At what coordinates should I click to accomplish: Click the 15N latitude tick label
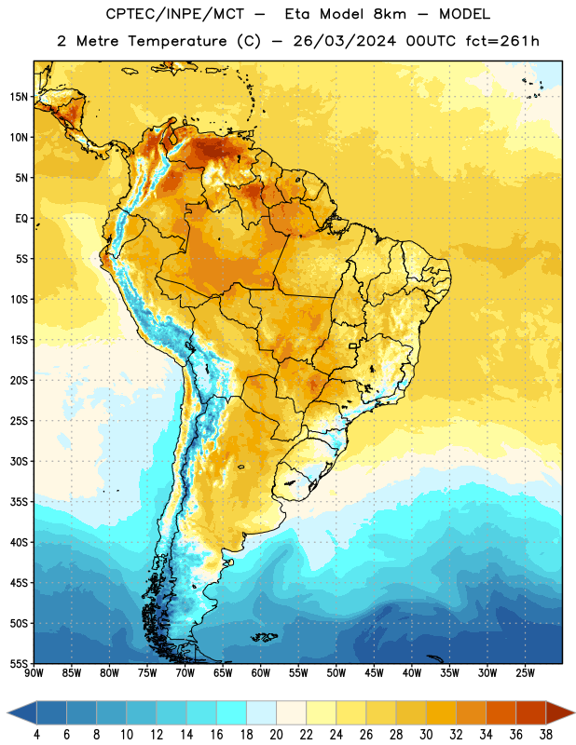pyautogui.click(x=19, y=97)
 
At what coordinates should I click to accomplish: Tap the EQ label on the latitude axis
pyautogui.click(x=21, y=219)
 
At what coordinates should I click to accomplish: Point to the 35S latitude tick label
pyautogui.click(x=19, y=502)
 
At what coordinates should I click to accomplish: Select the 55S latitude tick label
pyautogui.click(x=19, y=663)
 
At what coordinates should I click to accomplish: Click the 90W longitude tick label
pyautogui.click(x=34, y=672)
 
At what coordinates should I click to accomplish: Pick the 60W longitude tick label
pyautogui.click(x=261, y=672)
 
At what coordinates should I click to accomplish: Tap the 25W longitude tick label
pyautogui.click(x=525, y=672)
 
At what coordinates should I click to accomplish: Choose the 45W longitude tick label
pyautogui.click(x=374, y=672)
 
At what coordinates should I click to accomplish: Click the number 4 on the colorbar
pyautogui.click(x=36, y=735)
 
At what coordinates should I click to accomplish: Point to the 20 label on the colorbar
pyautogui.click(x=276, y=735)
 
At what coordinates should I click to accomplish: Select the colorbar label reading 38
pyautogui.click(x=546, y=735)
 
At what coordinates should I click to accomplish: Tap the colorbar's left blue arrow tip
pyautogui.click(x=7, y=712)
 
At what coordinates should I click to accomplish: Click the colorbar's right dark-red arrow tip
pyautogui.click(x=575, y=712)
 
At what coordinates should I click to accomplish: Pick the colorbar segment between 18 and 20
pyautogui.click(x=261, y=712)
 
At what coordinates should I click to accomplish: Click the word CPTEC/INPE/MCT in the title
pyautogui.click(x=174, y=14)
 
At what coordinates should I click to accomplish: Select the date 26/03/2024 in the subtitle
pyautogui.click(x=344, y=41)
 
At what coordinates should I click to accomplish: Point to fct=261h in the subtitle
pyautogui.click(x=502, y=41)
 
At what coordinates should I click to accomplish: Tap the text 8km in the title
pyautogui.click(x=390, y=14)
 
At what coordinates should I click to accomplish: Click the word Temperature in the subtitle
pyautogui.click(x=177, y=41)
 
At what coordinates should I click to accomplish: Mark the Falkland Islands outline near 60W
pyautogui.click(x=265, y=637)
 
